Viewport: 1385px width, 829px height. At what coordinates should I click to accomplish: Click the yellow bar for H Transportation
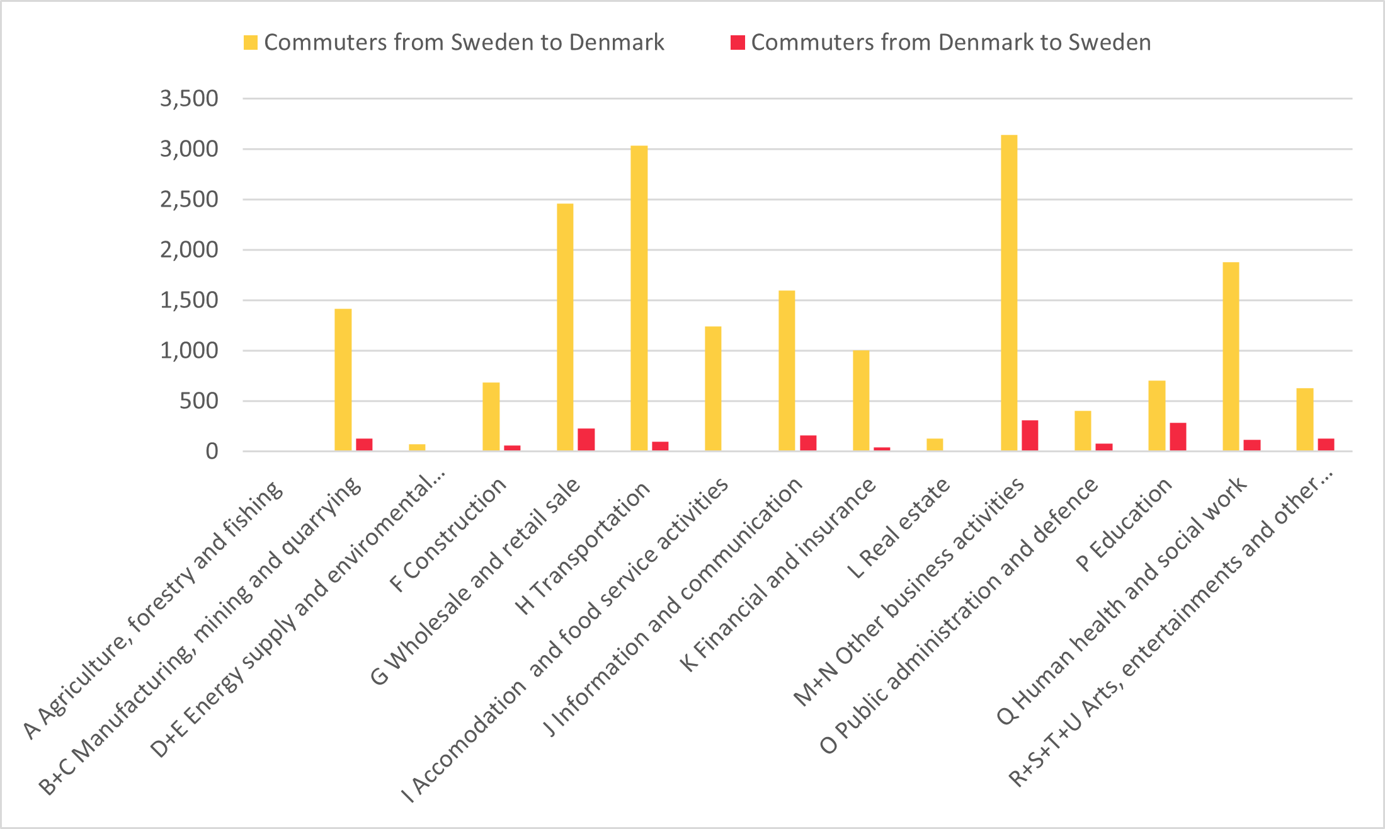point(639,299)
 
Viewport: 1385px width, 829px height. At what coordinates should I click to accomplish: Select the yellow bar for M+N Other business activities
point(1009,293)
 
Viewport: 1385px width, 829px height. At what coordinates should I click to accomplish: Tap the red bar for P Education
point(1178,437)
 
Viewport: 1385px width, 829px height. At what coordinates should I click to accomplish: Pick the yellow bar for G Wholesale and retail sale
point(565,328)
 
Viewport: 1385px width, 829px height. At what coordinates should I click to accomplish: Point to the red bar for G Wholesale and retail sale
point(586,440)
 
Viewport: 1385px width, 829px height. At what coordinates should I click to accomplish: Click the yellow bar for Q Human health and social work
point(1231,357)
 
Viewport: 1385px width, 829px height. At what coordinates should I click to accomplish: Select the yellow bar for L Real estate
point(935,445)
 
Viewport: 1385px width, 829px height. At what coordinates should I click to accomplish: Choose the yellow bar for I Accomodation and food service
point(713,389)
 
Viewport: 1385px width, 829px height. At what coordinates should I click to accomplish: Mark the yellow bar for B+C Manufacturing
point(343,380)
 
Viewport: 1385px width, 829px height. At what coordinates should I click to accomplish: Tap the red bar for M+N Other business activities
point(1030,436)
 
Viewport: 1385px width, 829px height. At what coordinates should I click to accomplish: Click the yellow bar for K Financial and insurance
point(861,401)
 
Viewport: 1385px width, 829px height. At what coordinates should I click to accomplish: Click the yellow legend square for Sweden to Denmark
point(251,43)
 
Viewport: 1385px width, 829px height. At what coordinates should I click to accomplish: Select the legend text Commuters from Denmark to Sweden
point(951,42)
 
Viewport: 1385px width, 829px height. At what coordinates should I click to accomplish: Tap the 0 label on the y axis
point(212,451)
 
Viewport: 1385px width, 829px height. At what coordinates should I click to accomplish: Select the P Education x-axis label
point(1124,524)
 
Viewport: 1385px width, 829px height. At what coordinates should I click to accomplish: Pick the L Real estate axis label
point(899,528)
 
